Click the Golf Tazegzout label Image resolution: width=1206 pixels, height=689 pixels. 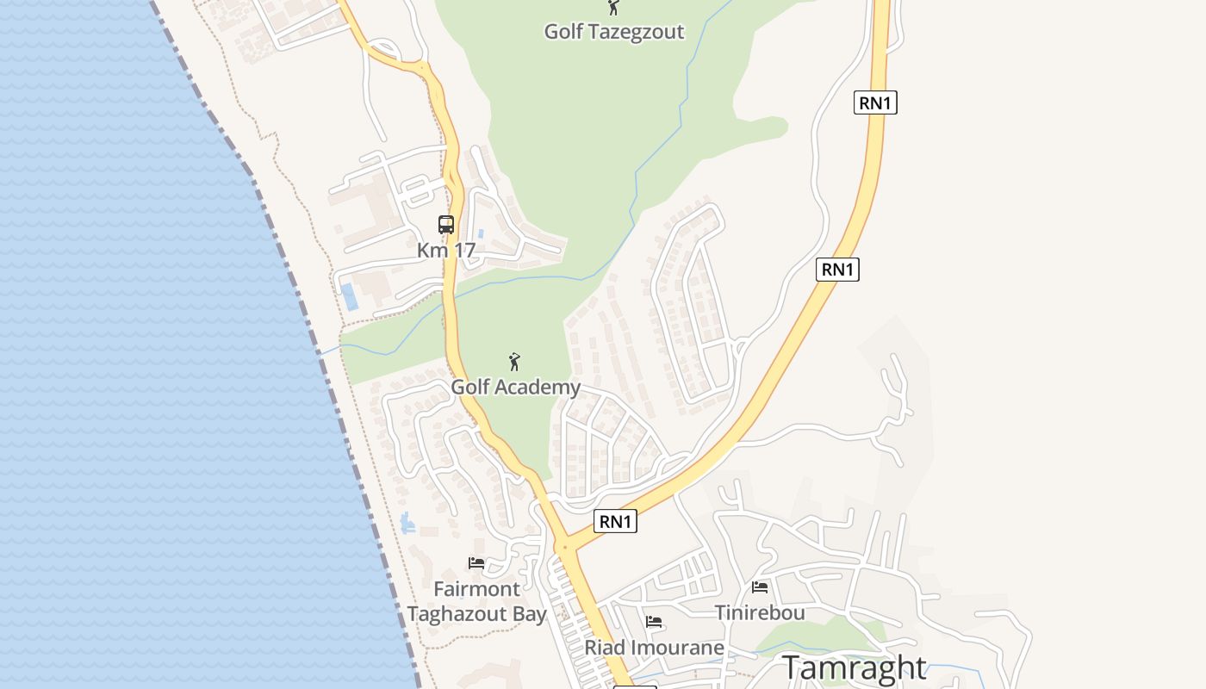click(x=613, y=32)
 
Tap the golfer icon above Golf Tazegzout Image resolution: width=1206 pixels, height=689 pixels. click(x=613, y=8)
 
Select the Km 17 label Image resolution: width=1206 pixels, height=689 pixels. click(x=446, y=251)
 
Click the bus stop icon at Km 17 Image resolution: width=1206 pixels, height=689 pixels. click(x=446, y=225)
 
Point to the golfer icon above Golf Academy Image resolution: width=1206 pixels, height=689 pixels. click(x=515, y=362)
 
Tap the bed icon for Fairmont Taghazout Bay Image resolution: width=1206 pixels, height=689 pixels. click(x=476, y=563)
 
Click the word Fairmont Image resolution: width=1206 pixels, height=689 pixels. click(x=476, y=590)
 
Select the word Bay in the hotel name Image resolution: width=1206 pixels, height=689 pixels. click(x=528, y=614)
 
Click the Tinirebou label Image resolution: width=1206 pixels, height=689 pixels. click(x=760, y=612)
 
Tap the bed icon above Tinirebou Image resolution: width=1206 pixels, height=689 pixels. click(x=760, y=587)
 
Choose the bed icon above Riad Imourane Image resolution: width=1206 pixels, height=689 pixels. click(x=655, y=622)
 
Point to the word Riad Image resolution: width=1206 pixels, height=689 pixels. click(x=602, y=647)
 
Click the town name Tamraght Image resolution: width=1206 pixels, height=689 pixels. click(x=854, y=667)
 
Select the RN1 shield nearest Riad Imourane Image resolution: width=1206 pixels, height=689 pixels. click(x=616, y=521)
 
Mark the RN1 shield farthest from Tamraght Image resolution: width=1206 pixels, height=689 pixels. click(x=876, y=103)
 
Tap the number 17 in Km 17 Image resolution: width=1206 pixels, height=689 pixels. click(x=463, y=251)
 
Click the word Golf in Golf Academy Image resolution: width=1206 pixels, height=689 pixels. click(x=470, y=388)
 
